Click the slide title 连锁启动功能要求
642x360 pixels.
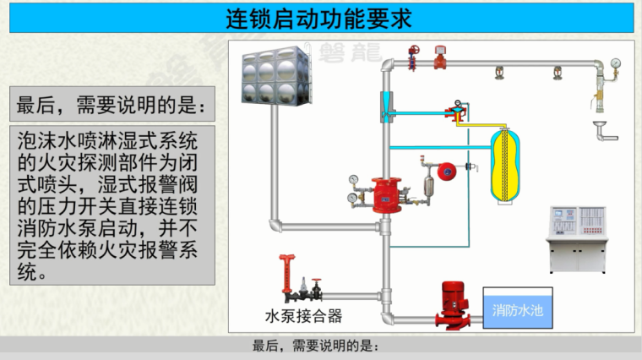pyautogui.click(x=321, y=18)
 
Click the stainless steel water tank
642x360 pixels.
pyautogui.click(x=270, y=75)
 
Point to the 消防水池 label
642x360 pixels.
pyautogui.click(x=518, y=310)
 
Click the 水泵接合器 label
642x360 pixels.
pyautogui.click(x=303, y=317)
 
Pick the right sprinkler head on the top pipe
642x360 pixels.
pyautogui.click(x=557, y=71)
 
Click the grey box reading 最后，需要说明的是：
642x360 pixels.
pyautogui.click(x=110, y=105)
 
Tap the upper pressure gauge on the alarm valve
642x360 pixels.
pyautogui.click(x=353, y=180)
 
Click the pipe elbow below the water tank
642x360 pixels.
pyautogui.click(x=275, y=225)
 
